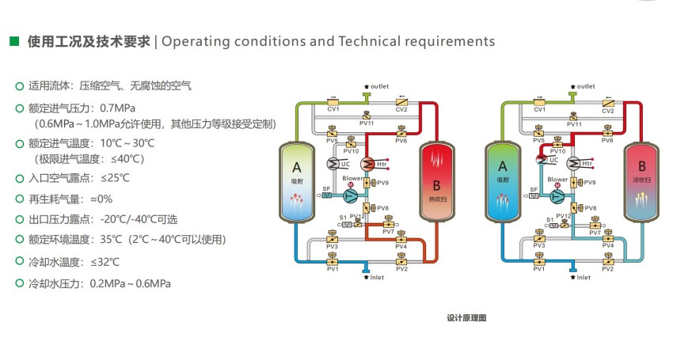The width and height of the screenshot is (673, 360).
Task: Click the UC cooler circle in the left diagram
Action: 335,164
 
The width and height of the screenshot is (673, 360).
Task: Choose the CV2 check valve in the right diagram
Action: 607,103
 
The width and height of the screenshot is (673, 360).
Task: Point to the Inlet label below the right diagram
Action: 583,278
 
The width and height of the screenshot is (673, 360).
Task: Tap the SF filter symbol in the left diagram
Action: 326,195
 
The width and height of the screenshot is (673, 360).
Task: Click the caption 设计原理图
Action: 466,318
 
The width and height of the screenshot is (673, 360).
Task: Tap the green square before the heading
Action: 13,41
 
